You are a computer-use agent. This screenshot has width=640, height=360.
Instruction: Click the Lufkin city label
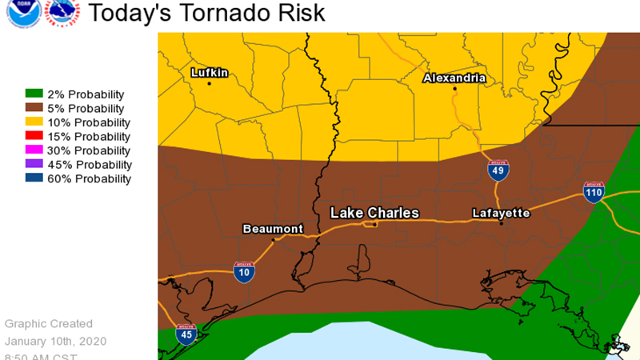210,73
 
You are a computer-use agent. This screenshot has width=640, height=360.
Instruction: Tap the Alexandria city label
454,78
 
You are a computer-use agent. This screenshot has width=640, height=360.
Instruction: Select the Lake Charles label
375,213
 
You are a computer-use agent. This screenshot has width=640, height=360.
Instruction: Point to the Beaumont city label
273,229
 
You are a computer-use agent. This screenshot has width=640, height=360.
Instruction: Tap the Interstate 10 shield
245,272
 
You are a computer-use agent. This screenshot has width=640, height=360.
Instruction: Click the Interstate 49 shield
498,170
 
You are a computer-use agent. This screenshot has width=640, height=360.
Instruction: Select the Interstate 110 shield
594,192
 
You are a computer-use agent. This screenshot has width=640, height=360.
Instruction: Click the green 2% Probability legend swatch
33,94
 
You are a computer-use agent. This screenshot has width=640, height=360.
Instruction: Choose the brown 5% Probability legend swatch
33,109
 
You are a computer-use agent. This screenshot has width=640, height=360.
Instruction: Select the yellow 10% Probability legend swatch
33,122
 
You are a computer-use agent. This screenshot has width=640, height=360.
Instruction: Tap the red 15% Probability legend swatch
33,137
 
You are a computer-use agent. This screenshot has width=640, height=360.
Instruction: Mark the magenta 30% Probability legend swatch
33,150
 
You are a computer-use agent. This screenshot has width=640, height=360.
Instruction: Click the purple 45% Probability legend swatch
33,165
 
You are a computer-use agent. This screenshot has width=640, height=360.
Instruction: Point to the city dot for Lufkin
210,83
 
